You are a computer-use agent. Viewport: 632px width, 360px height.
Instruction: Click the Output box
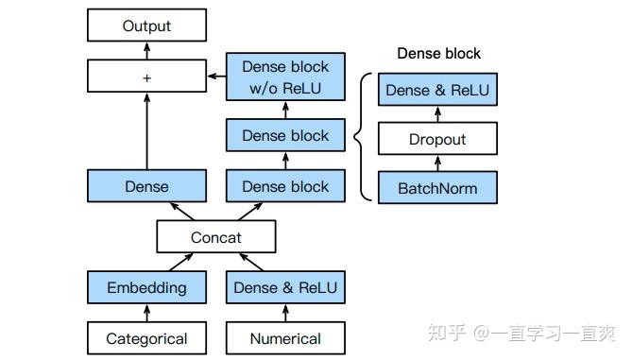146,26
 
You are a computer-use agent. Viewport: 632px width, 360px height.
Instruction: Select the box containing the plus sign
146,77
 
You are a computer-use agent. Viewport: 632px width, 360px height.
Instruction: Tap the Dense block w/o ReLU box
285,77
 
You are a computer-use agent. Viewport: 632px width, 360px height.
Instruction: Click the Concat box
216,237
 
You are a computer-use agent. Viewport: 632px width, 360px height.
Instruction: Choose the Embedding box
146,287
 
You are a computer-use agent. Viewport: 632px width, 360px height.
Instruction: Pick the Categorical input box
146,338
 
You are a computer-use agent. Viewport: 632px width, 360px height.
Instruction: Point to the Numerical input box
285,338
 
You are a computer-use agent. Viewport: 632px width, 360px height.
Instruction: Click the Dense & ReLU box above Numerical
285,287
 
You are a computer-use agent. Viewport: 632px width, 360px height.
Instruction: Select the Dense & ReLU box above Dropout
437,91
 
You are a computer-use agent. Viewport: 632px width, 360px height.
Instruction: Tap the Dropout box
437,140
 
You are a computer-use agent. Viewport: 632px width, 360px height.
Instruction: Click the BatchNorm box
437,188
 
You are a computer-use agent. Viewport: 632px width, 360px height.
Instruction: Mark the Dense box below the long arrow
146,186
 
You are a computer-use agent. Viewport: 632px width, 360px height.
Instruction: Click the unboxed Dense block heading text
438,54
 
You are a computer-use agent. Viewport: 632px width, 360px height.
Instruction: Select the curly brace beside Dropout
360,139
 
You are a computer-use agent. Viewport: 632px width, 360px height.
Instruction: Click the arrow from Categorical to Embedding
146,313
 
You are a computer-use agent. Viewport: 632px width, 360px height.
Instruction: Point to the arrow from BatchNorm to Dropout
437,164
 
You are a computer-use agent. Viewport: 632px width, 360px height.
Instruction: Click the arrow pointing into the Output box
146,52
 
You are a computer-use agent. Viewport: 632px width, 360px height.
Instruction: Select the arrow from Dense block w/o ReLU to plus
215,77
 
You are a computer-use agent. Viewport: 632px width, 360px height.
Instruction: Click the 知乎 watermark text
446,334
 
